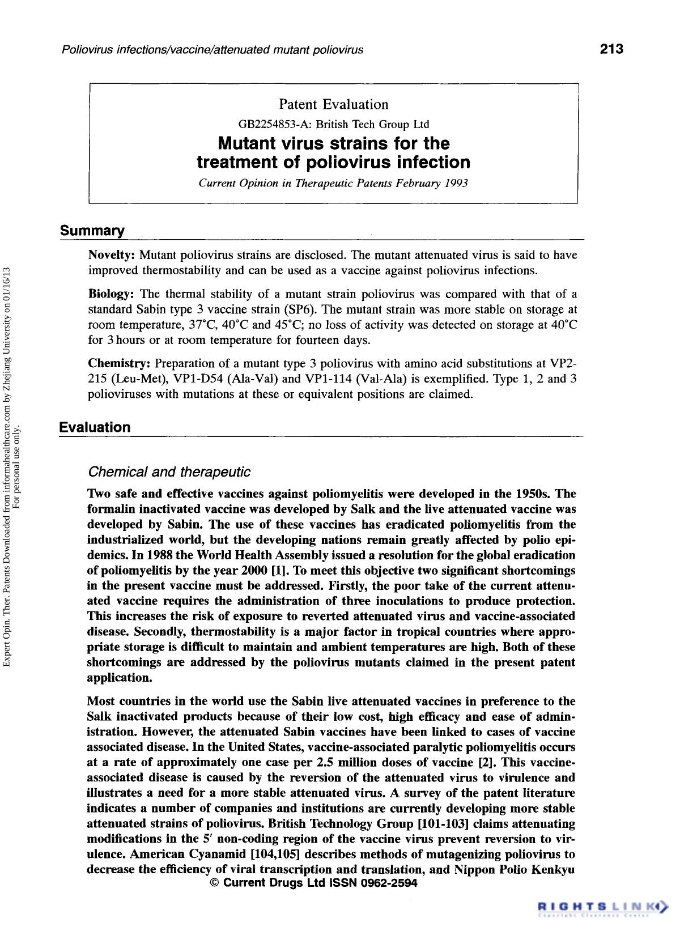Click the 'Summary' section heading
click(x=92, y=231)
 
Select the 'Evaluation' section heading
click(x=95, y=427)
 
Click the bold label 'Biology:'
click(x=111, y=294)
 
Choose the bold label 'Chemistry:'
click(x=119, y=363)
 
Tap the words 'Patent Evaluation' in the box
click(x=333, y=104)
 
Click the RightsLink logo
click(x=602, y=907)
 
